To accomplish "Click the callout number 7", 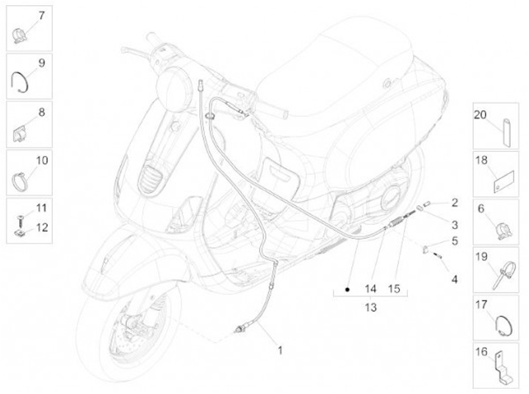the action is (x=40, y=17).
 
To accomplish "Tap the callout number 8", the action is (x=41, y=112).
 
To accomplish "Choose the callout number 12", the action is (x=41, y=227).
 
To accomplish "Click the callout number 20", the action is (x=481, y=115).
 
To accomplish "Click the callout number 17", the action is (x=481, y=304).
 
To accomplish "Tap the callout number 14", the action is (x=370, y=288).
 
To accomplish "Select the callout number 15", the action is (x=395, y=288).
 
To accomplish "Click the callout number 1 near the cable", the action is (x=280, y=349).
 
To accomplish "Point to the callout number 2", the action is (x=455, y=202).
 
